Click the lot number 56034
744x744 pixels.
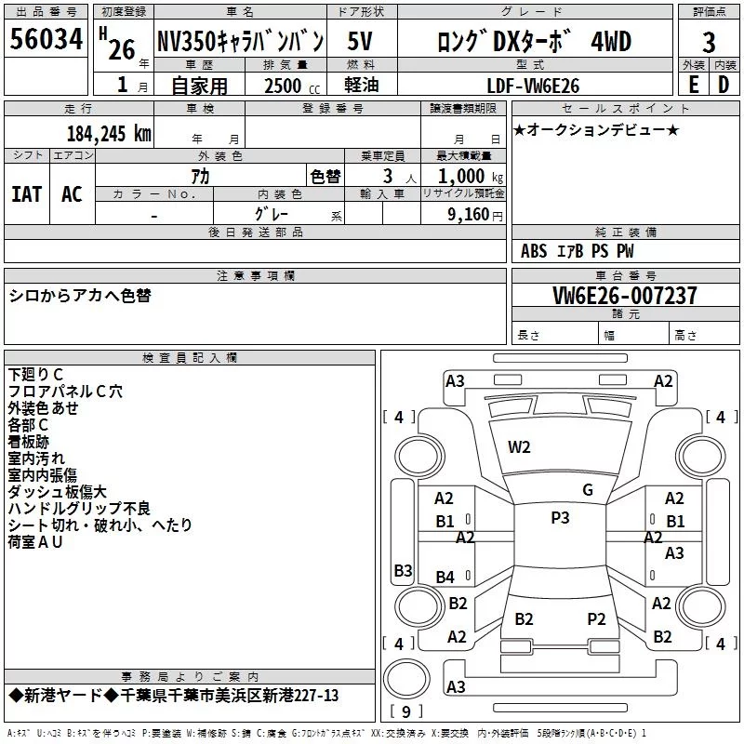46,39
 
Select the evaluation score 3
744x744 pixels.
709,43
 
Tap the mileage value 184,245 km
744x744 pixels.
109,134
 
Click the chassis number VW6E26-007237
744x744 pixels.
625,296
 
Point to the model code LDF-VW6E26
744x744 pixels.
533,86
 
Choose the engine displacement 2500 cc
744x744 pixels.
292,86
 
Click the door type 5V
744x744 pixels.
360,41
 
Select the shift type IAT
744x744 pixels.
27,194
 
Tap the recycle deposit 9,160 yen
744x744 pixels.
474,215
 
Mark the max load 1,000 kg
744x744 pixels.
471,177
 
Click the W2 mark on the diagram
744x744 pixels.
519,447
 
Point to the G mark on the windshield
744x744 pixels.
588,490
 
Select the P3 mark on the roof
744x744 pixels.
560,517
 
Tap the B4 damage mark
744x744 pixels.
445,577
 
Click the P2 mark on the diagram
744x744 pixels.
596,618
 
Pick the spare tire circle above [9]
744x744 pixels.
406,679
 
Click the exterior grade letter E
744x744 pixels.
693,85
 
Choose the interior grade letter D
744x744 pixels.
724,85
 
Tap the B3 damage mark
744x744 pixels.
403,570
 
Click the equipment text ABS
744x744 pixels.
534,251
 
